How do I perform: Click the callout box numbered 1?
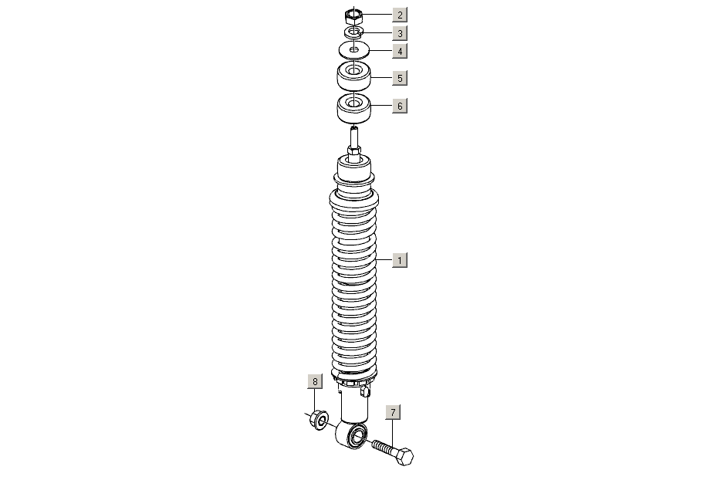point(400,260)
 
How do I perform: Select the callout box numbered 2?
point(400,15)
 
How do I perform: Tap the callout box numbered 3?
point(400,33)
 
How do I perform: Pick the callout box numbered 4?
point(400,51)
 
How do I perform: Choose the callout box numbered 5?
point(400,78)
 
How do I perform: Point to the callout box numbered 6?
point(400,106)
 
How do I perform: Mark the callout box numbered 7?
point(393,412)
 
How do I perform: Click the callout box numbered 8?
point(315,381)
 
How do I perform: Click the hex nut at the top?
point(353,17)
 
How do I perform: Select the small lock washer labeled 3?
point(353,32)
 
